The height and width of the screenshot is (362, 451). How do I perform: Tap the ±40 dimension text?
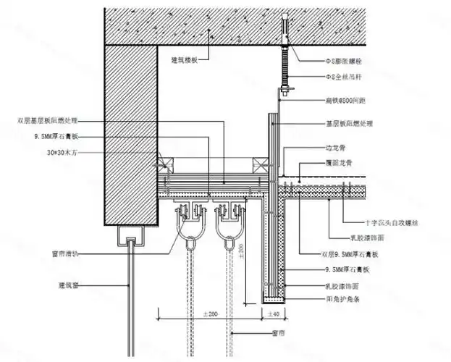[275, 315]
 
